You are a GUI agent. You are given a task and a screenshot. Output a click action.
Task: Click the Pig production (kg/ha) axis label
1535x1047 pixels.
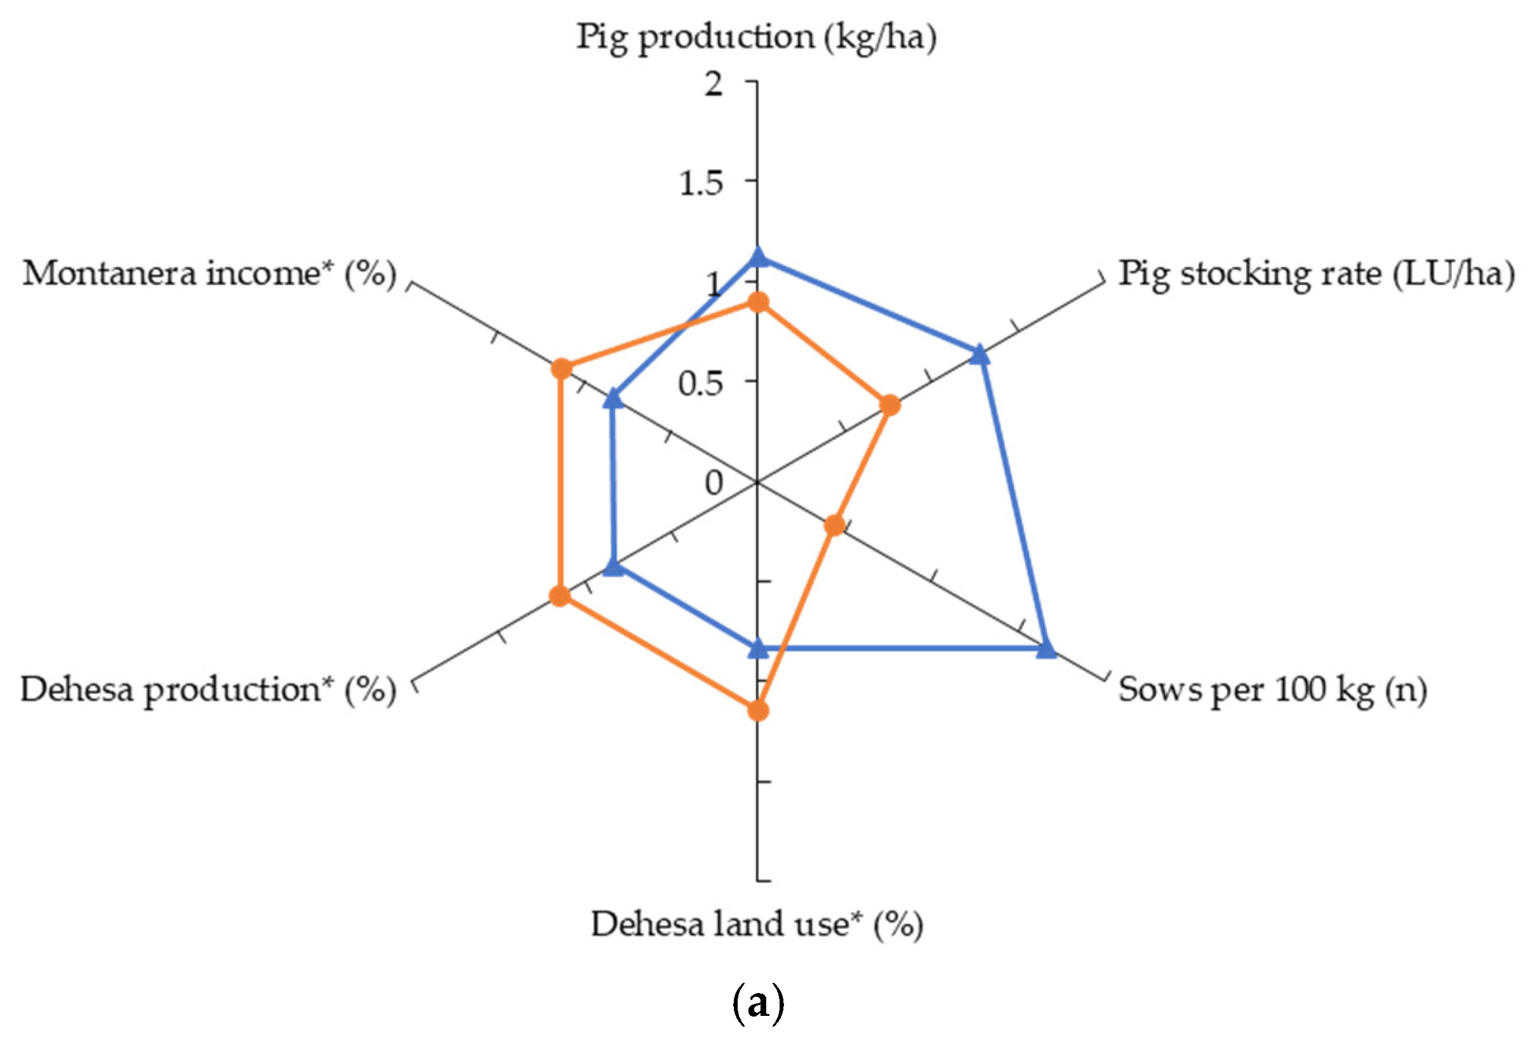click(x=756, y=36)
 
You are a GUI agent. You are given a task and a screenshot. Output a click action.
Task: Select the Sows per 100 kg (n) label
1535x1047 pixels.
click(x=1272, y=690)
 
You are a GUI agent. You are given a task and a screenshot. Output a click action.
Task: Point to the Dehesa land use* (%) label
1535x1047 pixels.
click(x=756, y=923)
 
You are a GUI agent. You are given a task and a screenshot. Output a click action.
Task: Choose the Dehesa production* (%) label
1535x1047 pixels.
click(x=208, y=690)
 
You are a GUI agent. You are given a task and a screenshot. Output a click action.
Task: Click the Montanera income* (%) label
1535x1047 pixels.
click(x=209, y=274)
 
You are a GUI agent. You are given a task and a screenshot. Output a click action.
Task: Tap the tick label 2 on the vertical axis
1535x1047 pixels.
click(x=714, y=84)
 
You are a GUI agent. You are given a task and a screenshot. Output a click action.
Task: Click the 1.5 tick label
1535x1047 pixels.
click(x=701, y=183)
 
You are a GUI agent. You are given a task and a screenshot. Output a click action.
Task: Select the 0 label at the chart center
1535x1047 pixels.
click(x=714, y=483)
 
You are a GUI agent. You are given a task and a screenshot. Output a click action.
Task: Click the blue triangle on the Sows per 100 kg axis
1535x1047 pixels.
click(x=1046, y=650)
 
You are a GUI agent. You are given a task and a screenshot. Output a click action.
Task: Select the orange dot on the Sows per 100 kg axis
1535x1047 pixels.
click(x=835, y=526)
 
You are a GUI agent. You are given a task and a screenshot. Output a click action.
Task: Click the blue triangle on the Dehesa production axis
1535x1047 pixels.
click(x=614, y=567)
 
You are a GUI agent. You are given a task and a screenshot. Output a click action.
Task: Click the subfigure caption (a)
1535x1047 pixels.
click(x=758, y=1004)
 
